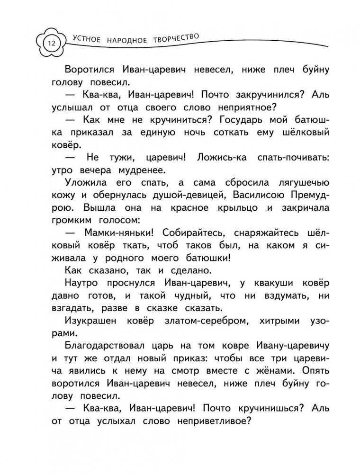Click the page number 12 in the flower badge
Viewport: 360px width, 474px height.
(x=50, y=44)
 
